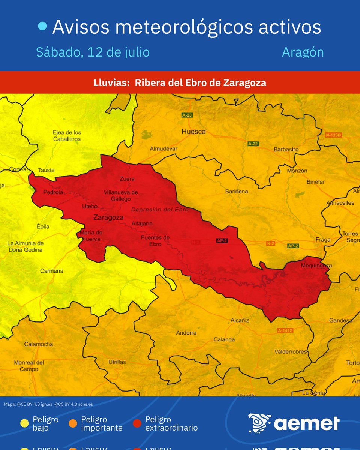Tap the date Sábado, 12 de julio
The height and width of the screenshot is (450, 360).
coord(93,52)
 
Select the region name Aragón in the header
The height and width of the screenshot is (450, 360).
coord(303,52)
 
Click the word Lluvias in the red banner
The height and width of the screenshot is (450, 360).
coord(112,82)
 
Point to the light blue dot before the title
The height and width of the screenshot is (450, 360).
coord(43,26)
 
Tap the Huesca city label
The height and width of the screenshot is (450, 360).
coord(193,132)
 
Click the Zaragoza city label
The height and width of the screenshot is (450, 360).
coord(108,217)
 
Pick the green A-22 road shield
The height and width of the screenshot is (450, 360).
coord(253,144)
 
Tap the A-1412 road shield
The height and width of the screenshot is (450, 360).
coord(285,330)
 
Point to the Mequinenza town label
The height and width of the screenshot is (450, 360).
coord(316,265)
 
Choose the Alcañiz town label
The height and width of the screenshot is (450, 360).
coord(240,320)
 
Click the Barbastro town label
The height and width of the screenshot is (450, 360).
coord(286,149)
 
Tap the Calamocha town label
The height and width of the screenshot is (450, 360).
coord(38,344)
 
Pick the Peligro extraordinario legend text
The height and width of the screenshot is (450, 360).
coord(171,423)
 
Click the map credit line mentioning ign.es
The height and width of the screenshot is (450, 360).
coord(48,404)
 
